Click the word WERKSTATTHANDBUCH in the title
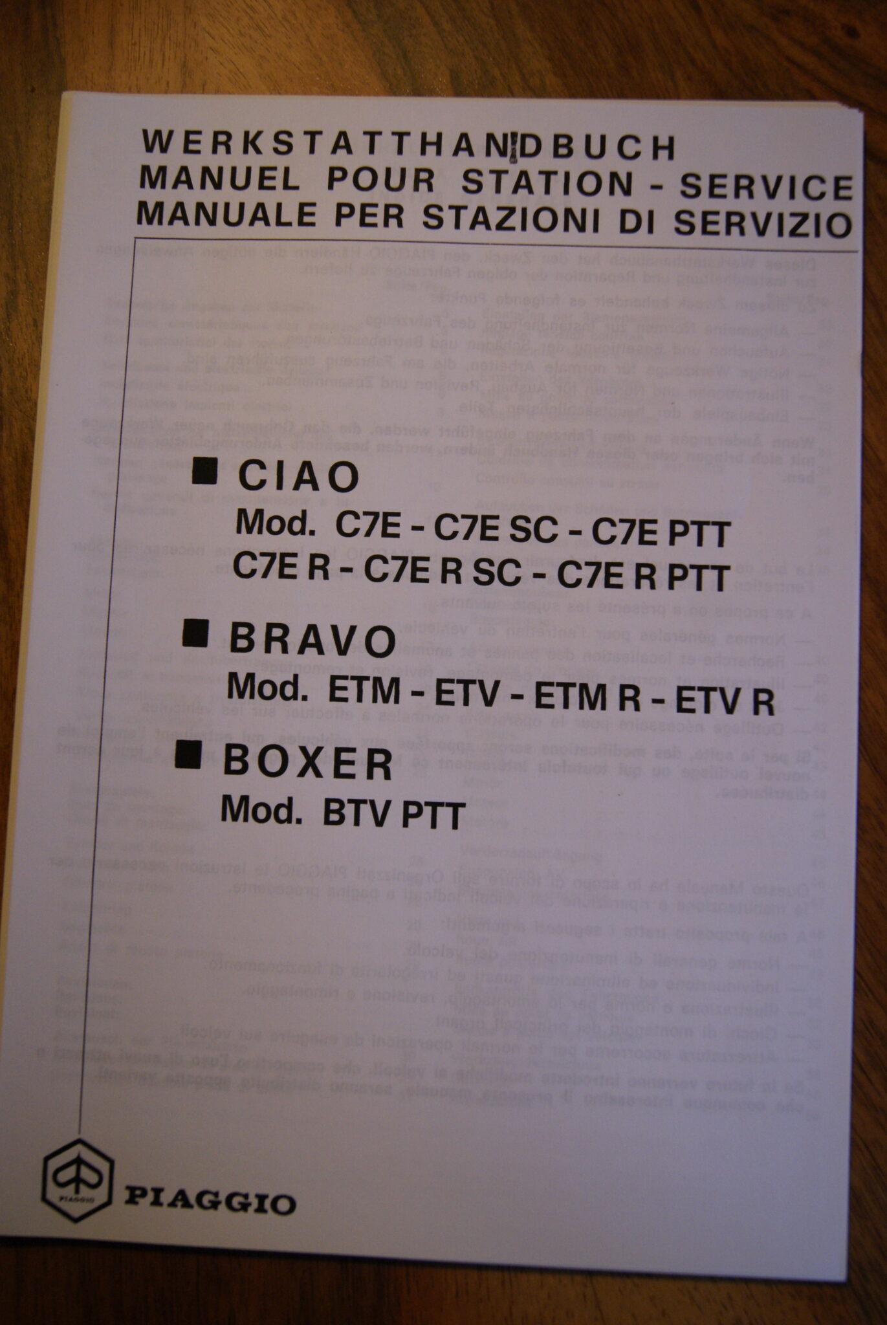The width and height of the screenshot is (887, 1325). click(408, 146)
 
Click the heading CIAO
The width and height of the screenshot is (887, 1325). click(298, 477)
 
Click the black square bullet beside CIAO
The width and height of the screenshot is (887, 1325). click(205, 470)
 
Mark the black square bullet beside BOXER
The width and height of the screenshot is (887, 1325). click(188, 755)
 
